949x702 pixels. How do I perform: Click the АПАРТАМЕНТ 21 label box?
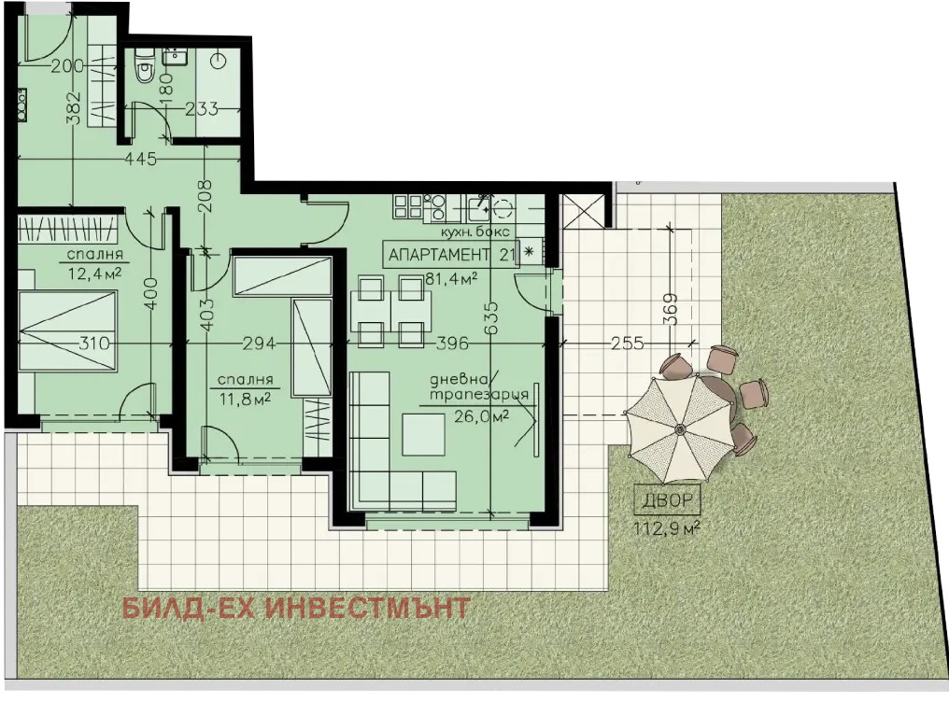[451, 255]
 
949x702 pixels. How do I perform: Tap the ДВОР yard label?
[667, 499]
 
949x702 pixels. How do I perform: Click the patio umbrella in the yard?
[680, 428]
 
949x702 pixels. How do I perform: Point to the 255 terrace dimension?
[627, 343]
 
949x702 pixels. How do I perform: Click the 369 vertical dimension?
[671, 309]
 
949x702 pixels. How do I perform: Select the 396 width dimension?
[452, 343]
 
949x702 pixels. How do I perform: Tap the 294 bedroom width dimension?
[259, 343]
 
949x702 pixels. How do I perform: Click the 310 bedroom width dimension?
[95, 343]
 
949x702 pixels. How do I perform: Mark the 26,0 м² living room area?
[481, 416]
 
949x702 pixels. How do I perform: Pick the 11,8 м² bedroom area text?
[245, 399]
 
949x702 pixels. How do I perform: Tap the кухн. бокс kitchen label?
[474, 231]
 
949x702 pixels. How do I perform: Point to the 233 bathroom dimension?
[202, 109]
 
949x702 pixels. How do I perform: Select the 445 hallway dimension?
[140, 159]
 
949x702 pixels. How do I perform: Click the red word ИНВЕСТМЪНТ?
[368, 608]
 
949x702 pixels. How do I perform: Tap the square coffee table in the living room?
[424, 434]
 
